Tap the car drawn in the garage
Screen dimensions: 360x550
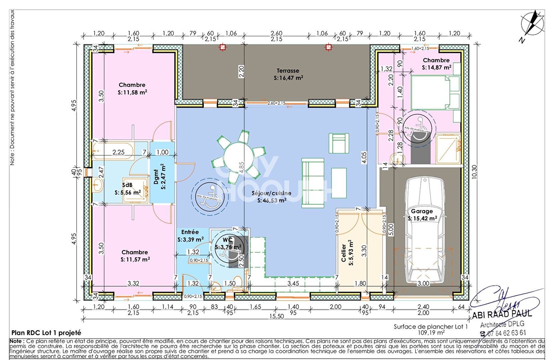click(x=425, y=230)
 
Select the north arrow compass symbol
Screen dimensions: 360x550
click(x=532, y=24)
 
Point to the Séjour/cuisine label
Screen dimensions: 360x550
click(x=271, y=193)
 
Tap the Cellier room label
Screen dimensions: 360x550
click(x=344, y=253)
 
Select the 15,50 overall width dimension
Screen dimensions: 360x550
click(x=277, y=316)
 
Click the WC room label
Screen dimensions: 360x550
click(x=227, y=240)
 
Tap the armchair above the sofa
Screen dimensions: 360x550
click(x=339, y=143)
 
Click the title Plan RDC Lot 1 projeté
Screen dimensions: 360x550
click(x=46, y=333)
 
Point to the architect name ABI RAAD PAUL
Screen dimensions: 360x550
click(x=502, y=314)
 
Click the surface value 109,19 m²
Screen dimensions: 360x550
click(x=431, y=332)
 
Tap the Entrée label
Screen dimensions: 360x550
click(x=190, y=232)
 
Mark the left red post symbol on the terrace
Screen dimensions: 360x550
click(x=222, y=47)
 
